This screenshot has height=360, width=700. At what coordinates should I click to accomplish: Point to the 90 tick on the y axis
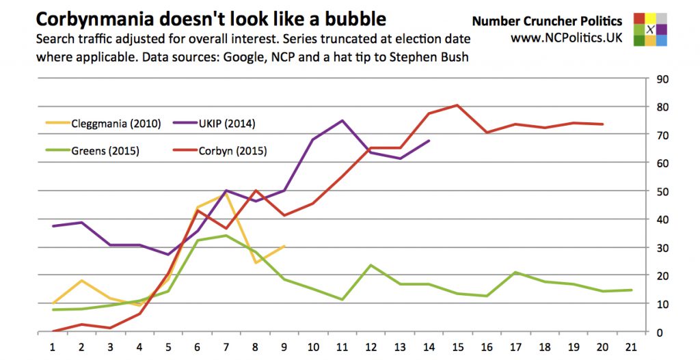(662, 79)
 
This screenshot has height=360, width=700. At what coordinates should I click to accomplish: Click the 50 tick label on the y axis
(662, 191)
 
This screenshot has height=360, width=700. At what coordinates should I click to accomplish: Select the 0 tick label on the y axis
(659, 332)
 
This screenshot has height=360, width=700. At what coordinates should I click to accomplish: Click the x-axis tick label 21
(630, 346)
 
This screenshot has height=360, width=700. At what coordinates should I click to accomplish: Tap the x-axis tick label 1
(53, 346)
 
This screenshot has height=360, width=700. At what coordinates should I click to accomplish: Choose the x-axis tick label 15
(457, 346)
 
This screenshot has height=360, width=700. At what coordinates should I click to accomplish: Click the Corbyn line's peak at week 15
(457, 105)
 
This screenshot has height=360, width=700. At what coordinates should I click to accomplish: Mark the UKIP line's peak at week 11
(342, 121)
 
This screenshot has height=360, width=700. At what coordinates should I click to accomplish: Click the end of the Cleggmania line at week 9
(284, 246)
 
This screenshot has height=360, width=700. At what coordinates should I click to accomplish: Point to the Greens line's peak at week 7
(226, 236)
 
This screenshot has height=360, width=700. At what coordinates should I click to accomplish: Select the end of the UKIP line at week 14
(429, 141)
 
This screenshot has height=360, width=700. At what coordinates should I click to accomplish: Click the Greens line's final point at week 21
(630, 290)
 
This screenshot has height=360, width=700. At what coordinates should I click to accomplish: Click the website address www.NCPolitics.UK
(566, 38)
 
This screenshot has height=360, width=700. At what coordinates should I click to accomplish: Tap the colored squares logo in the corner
(651, 29)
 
